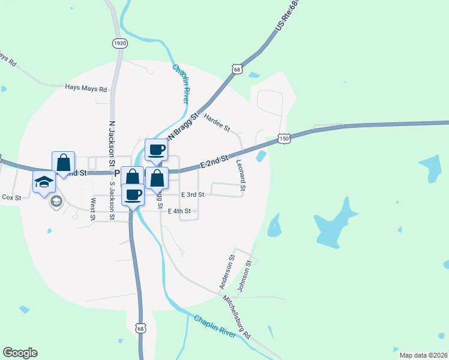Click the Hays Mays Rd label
86,88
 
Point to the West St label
93,209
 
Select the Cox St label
11,197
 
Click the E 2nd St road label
214,160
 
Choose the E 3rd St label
193,195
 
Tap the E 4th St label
179,211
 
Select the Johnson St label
244,275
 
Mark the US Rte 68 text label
286,17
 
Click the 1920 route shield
120,43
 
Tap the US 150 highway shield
285,139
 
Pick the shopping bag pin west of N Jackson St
63,162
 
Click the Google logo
20,353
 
